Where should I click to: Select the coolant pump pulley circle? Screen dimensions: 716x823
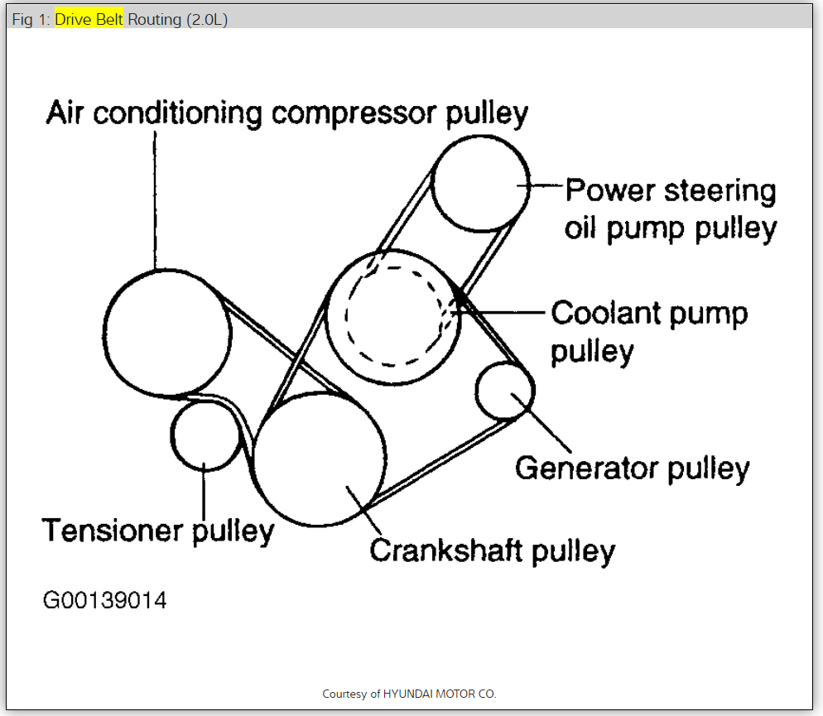tap(392, 318)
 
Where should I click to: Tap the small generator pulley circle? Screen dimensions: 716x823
tap(505, 391)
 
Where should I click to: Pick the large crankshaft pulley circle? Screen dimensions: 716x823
tap(319, 460)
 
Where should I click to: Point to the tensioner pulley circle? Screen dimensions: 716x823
tap(205, 435)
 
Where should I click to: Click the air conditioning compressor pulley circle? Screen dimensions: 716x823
tap(167, 333)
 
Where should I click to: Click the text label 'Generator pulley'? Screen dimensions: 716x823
tap(632, 469)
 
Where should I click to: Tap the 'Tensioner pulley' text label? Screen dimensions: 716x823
tap(158, 530)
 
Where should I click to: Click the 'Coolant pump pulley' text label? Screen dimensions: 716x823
tap(649, 331)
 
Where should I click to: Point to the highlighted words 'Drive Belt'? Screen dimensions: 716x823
tap(89, 19)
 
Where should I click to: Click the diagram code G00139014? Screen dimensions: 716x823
tap(105, 599)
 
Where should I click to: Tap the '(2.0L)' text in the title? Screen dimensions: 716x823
tap(207, 19)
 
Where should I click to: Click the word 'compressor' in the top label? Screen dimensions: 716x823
tap(356, 113)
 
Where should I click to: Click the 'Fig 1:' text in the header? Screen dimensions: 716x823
tap(31, 19)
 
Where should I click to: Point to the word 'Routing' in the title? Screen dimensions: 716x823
tap(155, 19)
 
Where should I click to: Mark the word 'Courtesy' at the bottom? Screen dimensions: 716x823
tap(344, 694)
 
